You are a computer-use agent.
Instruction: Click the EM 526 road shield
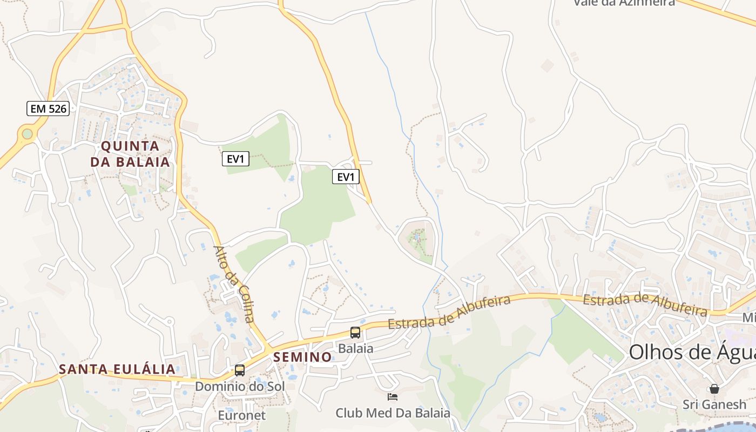click(48, 109)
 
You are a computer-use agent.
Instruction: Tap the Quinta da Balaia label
click(130, 154)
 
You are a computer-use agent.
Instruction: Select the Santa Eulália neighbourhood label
click(117, 369)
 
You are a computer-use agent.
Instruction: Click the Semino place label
click(302, 357)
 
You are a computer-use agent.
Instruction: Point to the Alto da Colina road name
click(234, 284)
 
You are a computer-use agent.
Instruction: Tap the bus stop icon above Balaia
click(355, 333)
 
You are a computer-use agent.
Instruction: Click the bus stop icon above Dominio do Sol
click(240, 370)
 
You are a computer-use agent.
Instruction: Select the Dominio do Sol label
click(240, 387)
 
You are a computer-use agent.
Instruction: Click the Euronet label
click(242, 415)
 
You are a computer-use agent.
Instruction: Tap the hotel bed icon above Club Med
click(393, 397)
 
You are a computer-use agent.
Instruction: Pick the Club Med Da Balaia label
click(393, 413)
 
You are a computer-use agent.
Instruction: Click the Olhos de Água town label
click(692, 352)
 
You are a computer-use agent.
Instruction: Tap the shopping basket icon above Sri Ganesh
click(714, 389)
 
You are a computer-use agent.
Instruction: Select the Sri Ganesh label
click(714, 404)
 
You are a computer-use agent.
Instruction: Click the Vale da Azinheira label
click(624, 3)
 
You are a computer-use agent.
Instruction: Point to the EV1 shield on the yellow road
click(346, 177)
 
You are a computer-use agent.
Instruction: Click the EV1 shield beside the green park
click(236, 159)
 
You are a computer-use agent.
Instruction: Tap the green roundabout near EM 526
click(27, 133)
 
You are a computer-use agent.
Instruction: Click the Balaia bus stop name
click(355, 348)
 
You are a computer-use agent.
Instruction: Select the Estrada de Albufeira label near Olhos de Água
click(645, 303)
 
